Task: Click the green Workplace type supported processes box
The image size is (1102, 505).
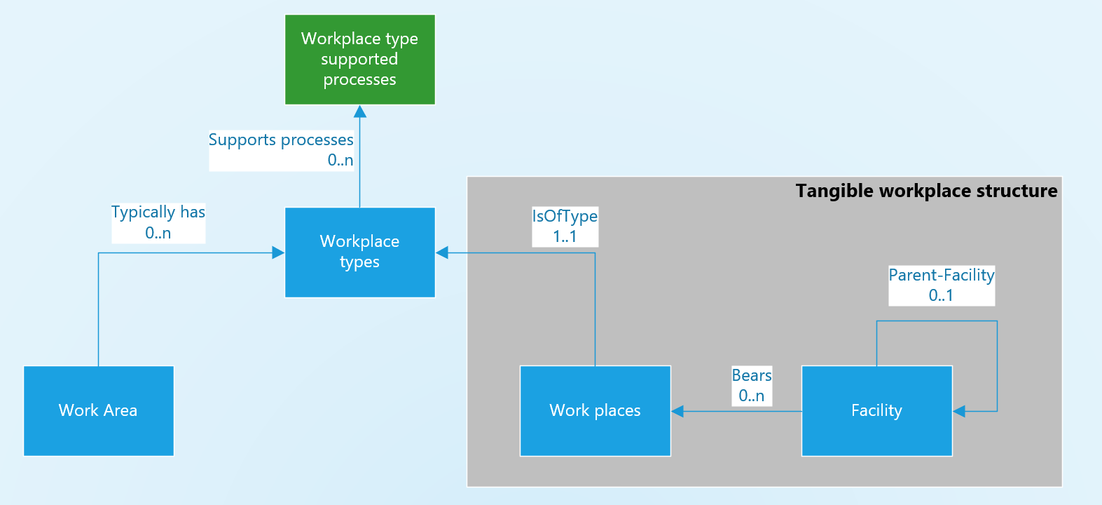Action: [x=359, y=60]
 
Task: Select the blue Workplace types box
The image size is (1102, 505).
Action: [x=359, y=252]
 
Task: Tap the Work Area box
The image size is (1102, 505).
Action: [x=98, y=411]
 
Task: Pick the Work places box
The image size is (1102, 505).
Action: [x=595, y=411]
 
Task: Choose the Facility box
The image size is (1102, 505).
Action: [x=876, y=411]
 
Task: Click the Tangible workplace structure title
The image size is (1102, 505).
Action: [x=926, y=191]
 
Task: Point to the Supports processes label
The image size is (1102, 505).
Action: [x=281, y=140]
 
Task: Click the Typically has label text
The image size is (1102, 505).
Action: [x=158, y=212]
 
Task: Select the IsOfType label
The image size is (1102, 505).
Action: [x=565, y=216]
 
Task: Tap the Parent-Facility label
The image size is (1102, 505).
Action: [x=942, y=275]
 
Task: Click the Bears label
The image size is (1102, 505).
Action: [x=752, y=375]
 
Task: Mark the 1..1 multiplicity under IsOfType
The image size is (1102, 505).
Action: [x=565, y=237]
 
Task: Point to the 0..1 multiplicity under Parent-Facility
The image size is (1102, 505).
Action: [x=941, y=295]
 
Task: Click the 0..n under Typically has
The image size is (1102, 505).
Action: [x=158, y=233]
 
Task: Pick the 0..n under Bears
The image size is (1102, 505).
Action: [x=752, y=396]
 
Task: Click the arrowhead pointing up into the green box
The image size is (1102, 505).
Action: [x=360, y=112]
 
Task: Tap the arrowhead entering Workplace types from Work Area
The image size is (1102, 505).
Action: [x=278, y=252]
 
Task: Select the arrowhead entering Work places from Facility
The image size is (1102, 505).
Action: [x=677, y=411]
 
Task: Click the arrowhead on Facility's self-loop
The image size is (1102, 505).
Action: [x=959, y=411]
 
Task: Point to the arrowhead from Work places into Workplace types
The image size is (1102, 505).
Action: [x=442, y=252]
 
